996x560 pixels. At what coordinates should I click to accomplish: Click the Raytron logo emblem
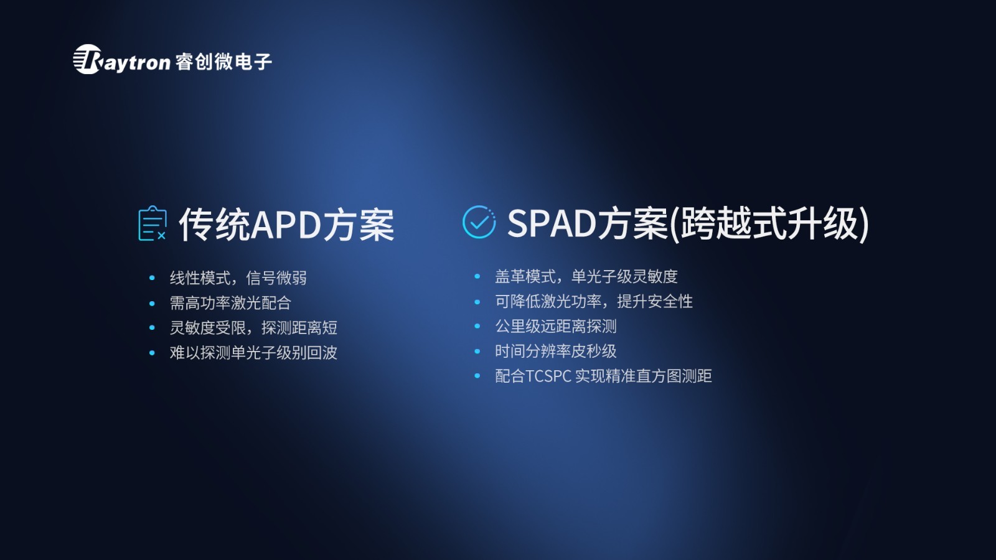pyautogui.click(x=88, y=59)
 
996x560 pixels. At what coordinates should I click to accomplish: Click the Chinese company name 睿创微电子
pyautogui.click(x=223, y=62)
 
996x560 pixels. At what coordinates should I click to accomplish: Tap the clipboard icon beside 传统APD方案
pyautogui.click(x=153, y=223)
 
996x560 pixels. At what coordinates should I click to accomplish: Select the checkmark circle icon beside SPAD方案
pyautogui.click(x=479, y=222)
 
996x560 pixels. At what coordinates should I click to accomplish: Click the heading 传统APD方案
pyautogui.click(x=287, y=225)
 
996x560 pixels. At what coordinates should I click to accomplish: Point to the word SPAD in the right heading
pyautogui.click(x=552, y=223)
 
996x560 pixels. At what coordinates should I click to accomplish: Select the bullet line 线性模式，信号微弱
pyautogui.click(x=238, y=278)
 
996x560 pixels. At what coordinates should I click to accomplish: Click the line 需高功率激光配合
pyautogui.click(x=230, y=302)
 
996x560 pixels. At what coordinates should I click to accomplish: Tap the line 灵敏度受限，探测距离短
pyautogui.click(x=253, y=327)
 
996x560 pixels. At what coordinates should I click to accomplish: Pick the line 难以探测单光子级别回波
pyautogui.click(x=253, y=352)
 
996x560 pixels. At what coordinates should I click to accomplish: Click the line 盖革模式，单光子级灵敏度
pyautogui.click(x=586, y=276)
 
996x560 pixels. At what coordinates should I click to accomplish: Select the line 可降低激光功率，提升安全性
pyautogui.click(x=594, y=301)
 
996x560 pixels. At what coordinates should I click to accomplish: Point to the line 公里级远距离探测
pyautogui.click(x=556, y=326)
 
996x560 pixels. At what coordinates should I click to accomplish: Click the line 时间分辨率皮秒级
pyautogui.click(x=556, y=351)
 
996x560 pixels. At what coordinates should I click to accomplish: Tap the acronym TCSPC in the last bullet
pyautogui.click(x=548, y=376)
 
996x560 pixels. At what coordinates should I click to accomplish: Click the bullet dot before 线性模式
pyautogui.click(x=152, y=278)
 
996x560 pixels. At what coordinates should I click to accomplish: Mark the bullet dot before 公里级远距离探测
pyautogui.click(x=477, y=326)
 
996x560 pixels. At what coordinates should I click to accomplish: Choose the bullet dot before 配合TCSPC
pyautogui.click(x=477, y=376)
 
